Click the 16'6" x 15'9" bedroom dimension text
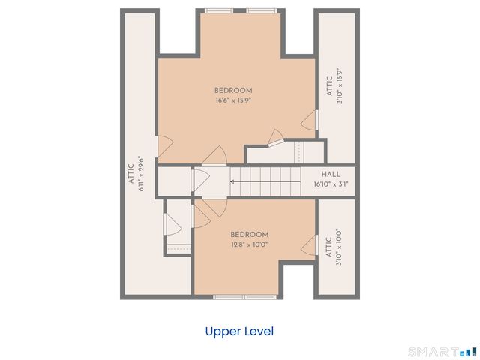[x=233, y=100]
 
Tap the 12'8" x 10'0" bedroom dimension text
[x=250, y=244]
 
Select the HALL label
[x=331, y=175]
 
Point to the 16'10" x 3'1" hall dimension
[x=331, y=184]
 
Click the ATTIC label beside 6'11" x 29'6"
[x=131, y=174]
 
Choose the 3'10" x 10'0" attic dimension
[x=338, y=247]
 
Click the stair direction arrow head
[x=232, y=181]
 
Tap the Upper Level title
[x=239, y=331]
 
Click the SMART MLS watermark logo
[x=443, y=352]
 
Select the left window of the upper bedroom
[x=218, y=11]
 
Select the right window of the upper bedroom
[x=262, y=11]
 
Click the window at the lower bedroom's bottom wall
[x=245, y=297]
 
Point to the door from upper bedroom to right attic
[x=310, y=120]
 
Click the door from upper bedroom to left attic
[x=164, y=147]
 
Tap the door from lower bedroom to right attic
[x=310, y=245]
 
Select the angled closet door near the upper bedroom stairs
[x=276, y=138]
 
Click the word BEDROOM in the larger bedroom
[x=233, y=91]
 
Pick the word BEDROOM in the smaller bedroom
[x=250, y=235]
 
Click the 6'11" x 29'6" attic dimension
[x=141, y=174]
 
